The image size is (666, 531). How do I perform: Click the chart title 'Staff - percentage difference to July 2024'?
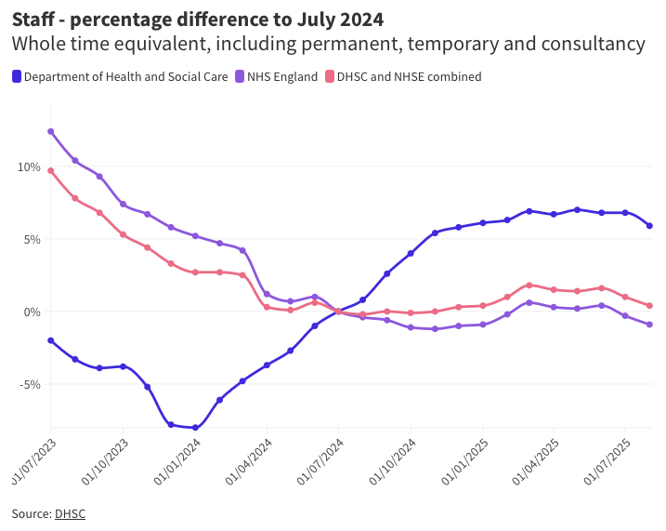(x=197, y=19)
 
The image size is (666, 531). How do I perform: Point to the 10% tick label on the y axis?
(x=29, y=167)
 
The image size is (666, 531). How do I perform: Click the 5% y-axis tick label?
(x=32, y=239)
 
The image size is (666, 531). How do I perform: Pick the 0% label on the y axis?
(x=32, y=312)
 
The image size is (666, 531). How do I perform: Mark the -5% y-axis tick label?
(x=30, y=384)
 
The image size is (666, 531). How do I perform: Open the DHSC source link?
(x=70, y=513)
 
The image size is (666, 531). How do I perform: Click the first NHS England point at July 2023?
(x=51, y=131)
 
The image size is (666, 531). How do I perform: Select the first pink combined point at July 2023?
(x=51, y=170)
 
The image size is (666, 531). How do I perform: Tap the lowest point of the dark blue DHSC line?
(x=195, y=428)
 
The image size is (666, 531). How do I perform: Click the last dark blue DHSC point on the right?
(x=649, y=226)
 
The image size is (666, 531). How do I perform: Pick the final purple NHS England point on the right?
(x=649, y=325)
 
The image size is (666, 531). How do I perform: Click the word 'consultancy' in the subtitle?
(x=594, y=44)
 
